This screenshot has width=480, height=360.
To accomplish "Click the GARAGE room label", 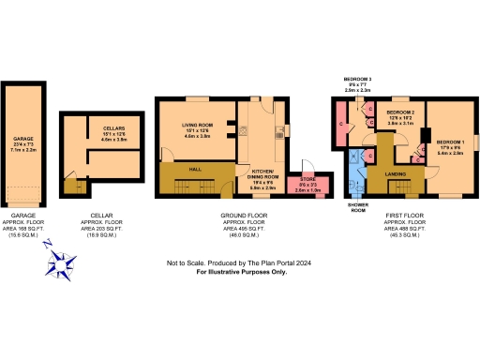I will pyautogui.click(x=23, y=139).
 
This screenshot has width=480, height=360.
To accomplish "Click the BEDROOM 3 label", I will pyautogui.click(x=357, y=79).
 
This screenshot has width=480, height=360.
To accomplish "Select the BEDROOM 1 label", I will pyautogui.click(x=450, y=142).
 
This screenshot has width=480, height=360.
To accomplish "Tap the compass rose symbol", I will pyautogui.click(x=64, y=264).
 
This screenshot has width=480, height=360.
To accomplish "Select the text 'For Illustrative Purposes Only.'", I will pyautogui.click(x=240, y=271).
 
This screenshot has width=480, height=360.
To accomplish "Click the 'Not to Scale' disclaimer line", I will pyautogui.click(x=240, y=263).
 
